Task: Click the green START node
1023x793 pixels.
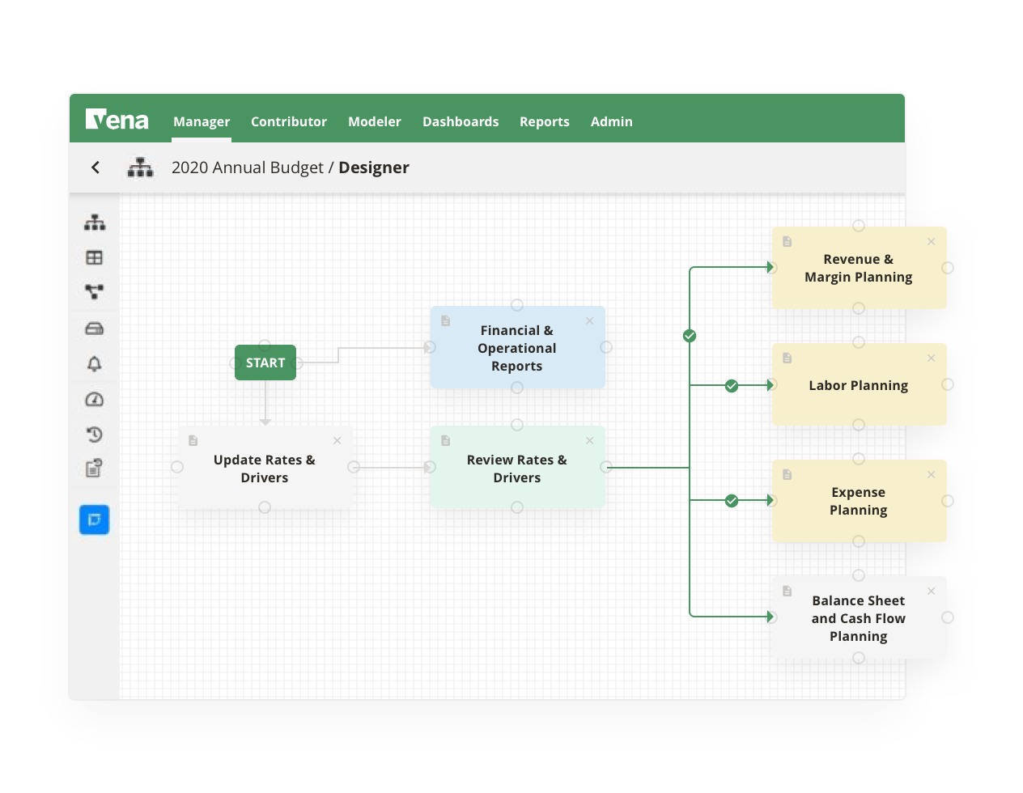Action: click(x=265, y=363)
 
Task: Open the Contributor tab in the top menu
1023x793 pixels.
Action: click(x=289, y=121)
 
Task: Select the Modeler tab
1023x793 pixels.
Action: click(x=375, y=121)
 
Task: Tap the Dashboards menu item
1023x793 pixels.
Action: click(x=461, y=121)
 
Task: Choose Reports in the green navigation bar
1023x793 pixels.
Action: click(x=545, y=121)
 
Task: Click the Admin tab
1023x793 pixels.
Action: click(x=612, y=121)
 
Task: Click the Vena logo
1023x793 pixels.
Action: click(x=117, y=121)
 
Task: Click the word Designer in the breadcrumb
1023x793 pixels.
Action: click(x=374, y=168)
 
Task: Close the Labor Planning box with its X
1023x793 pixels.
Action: click(x=932, y=358)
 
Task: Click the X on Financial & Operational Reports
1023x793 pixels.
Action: click(x=590, y=321)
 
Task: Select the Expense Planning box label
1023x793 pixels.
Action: click(x=858, y=501)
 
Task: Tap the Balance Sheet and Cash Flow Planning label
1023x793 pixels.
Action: click(x=858, y=618)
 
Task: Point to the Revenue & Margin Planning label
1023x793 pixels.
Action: click(x=858, y=268)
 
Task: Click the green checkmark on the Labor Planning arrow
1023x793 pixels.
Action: click(x=732, y=386)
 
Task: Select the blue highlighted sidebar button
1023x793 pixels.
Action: click(x=95, y=519)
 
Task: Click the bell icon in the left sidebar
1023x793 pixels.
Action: click(x=95, y=364)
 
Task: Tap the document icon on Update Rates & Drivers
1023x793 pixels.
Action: click(x=193, y=441)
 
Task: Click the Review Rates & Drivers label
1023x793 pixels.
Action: click(x=516, y=469)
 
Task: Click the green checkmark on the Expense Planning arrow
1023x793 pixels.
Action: click(x=732, y=501)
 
